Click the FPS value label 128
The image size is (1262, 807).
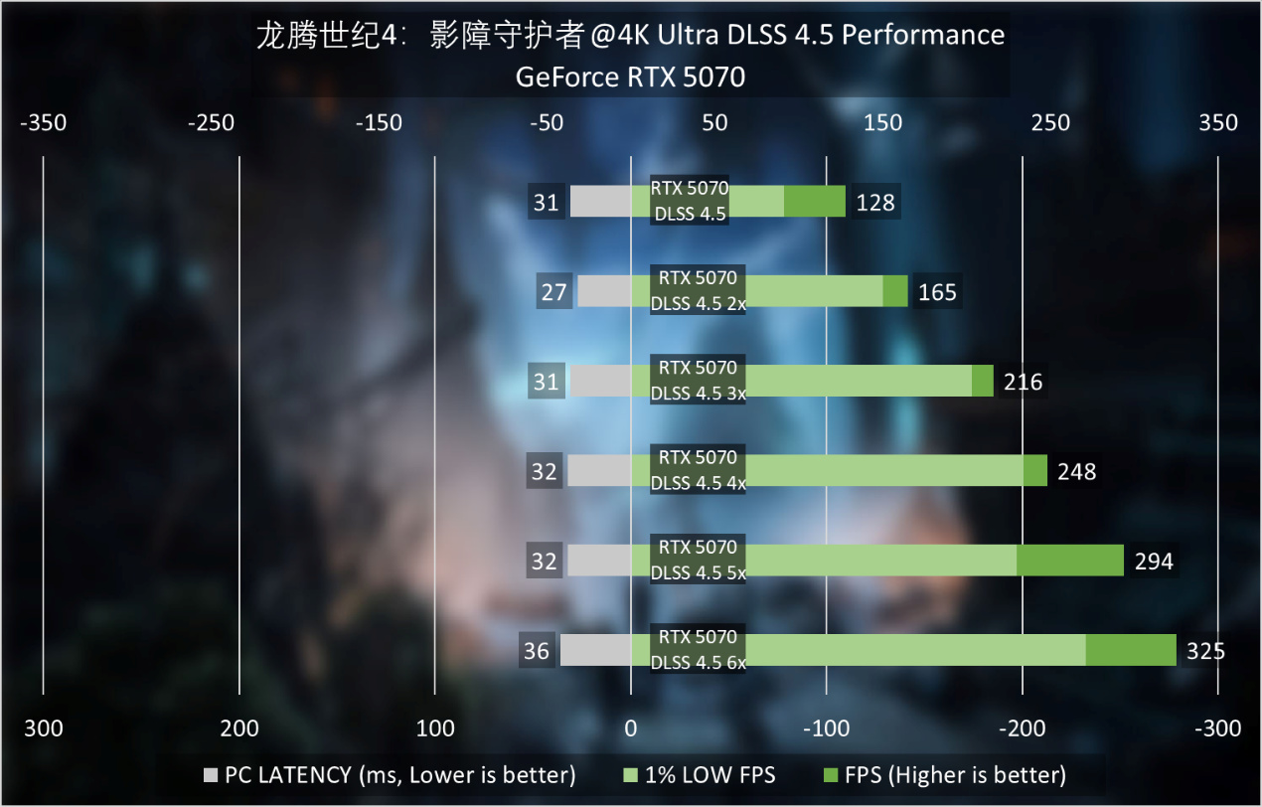pos(875,203)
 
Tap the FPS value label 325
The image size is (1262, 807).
pos(1205,651)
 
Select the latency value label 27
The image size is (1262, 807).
pos(553,292)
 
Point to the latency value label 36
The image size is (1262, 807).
pos(537,651)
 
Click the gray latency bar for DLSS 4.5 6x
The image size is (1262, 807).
pos(595,651)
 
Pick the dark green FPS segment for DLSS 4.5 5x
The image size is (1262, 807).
pos(1069,561)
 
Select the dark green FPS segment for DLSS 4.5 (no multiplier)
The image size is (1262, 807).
pos(815,202)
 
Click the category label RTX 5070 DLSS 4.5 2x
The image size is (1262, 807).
pos(698,290)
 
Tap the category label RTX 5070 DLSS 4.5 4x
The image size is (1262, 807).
pos(698,470)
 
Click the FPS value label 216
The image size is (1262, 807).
pos(1024,382)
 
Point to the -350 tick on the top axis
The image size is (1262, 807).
pos(43,123)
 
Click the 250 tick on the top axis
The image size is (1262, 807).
pos(1050,123)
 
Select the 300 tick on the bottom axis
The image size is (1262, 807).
pos(43,728)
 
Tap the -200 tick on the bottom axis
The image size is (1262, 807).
pos(1022,728)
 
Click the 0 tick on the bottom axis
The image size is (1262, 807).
pos(631,728)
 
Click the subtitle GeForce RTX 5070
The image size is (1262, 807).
pos(630,77)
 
